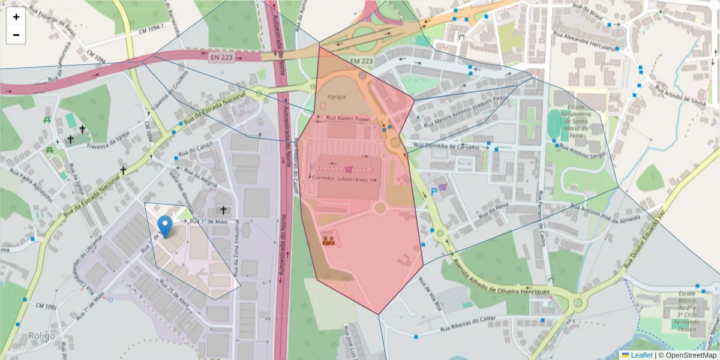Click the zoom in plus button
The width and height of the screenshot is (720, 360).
click(16, 17)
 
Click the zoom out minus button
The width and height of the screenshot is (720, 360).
click(16, 35)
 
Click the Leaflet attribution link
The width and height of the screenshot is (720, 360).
click(641, 355)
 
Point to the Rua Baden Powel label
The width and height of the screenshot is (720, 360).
click(348, 119)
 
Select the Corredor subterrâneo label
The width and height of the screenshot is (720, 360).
click(344, 179)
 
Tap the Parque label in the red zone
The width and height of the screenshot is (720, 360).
click(337, 96)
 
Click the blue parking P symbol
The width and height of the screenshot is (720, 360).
click(434, 192)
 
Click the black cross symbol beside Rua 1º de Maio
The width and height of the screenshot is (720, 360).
click(224, 210)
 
